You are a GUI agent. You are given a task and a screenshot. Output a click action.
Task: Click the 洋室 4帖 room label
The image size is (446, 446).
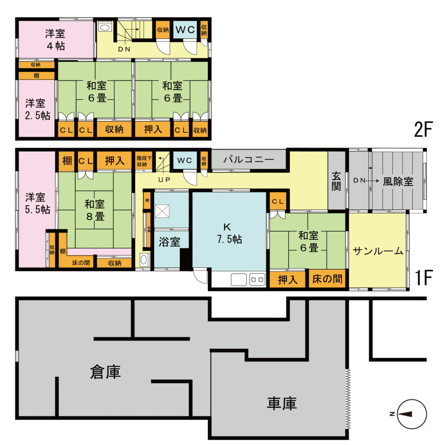click(x=55, y=39)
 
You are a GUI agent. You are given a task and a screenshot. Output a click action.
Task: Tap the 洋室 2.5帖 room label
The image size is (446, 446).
click(x=35, y=109)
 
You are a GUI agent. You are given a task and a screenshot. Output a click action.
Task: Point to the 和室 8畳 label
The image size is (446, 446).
click(x=95, y=209)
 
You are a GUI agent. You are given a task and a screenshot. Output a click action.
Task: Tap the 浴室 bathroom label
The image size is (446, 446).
click(x=169, y=243)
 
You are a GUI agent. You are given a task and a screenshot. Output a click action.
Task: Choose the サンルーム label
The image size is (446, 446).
click(x=378, y=251)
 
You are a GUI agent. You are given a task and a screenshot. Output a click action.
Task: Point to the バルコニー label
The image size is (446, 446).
click(x=249, y=160)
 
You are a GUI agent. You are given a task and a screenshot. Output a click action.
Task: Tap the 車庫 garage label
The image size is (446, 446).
click(x=282, y=403)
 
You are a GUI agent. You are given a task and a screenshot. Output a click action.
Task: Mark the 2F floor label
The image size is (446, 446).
click(x=422, y=129)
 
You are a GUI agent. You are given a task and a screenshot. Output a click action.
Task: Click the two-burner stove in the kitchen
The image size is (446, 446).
click(x=257, y=279)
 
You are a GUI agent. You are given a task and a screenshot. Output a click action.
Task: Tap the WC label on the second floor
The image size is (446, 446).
click(x=186, y=30)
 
